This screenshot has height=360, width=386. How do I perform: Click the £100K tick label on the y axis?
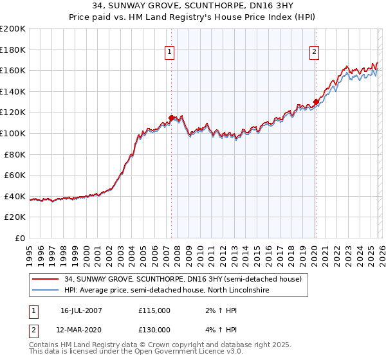pyautogui.click(x=13, y=133)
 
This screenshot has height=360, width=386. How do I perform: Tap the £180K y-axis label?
pyautogui.click(x=13, y=50)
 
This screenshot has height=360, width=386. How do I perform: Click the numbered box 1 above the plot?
pyautogui.click(x=169, y=53)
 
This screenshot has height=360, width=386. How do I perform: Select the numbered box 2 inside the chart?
pyautogui.click(x=315, y=53)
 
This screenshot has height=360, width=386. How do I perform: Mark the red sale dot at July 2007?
pyautogui.click(x=172, y=118)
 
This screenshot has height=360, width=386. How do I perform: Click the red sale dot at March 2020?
pyautogui.click(x=316, y=102)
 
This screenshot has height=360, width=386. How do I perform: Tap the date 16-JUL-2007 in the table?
pyautogui.click(x=80, y=310)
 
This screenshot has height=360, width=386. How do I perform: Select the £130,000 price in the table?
pyautogui.click(x=154, y=329)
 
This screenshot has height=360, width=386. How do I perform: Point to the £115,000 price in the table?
pyautogui.click(x=154, y=310)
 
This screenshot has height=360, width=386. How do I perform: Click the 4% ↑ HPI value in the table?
pyautogui.click(x=217, y=329)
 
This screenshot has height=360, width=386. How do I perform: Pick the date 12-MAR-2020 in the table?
pyautogui.click(x=80, y=329)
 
